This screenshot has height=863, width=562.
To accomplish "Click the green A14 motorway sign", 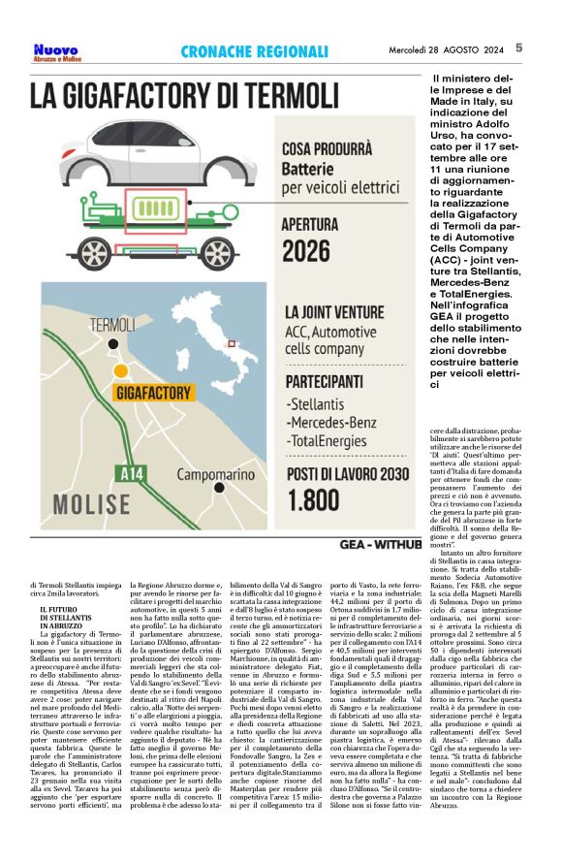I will pos(132,474).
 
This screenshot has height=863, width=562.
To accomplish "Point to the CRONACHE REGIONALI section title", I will pos(255,50).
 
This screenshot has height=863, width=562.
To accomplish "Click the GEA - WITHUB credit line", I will pos(380,545).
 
